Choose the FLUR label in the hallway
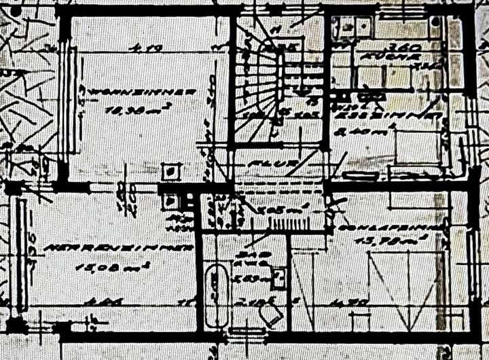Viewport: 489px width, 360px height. coord(261,164)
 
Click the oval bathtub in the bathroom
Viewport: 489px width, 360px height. coord(217,295)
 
